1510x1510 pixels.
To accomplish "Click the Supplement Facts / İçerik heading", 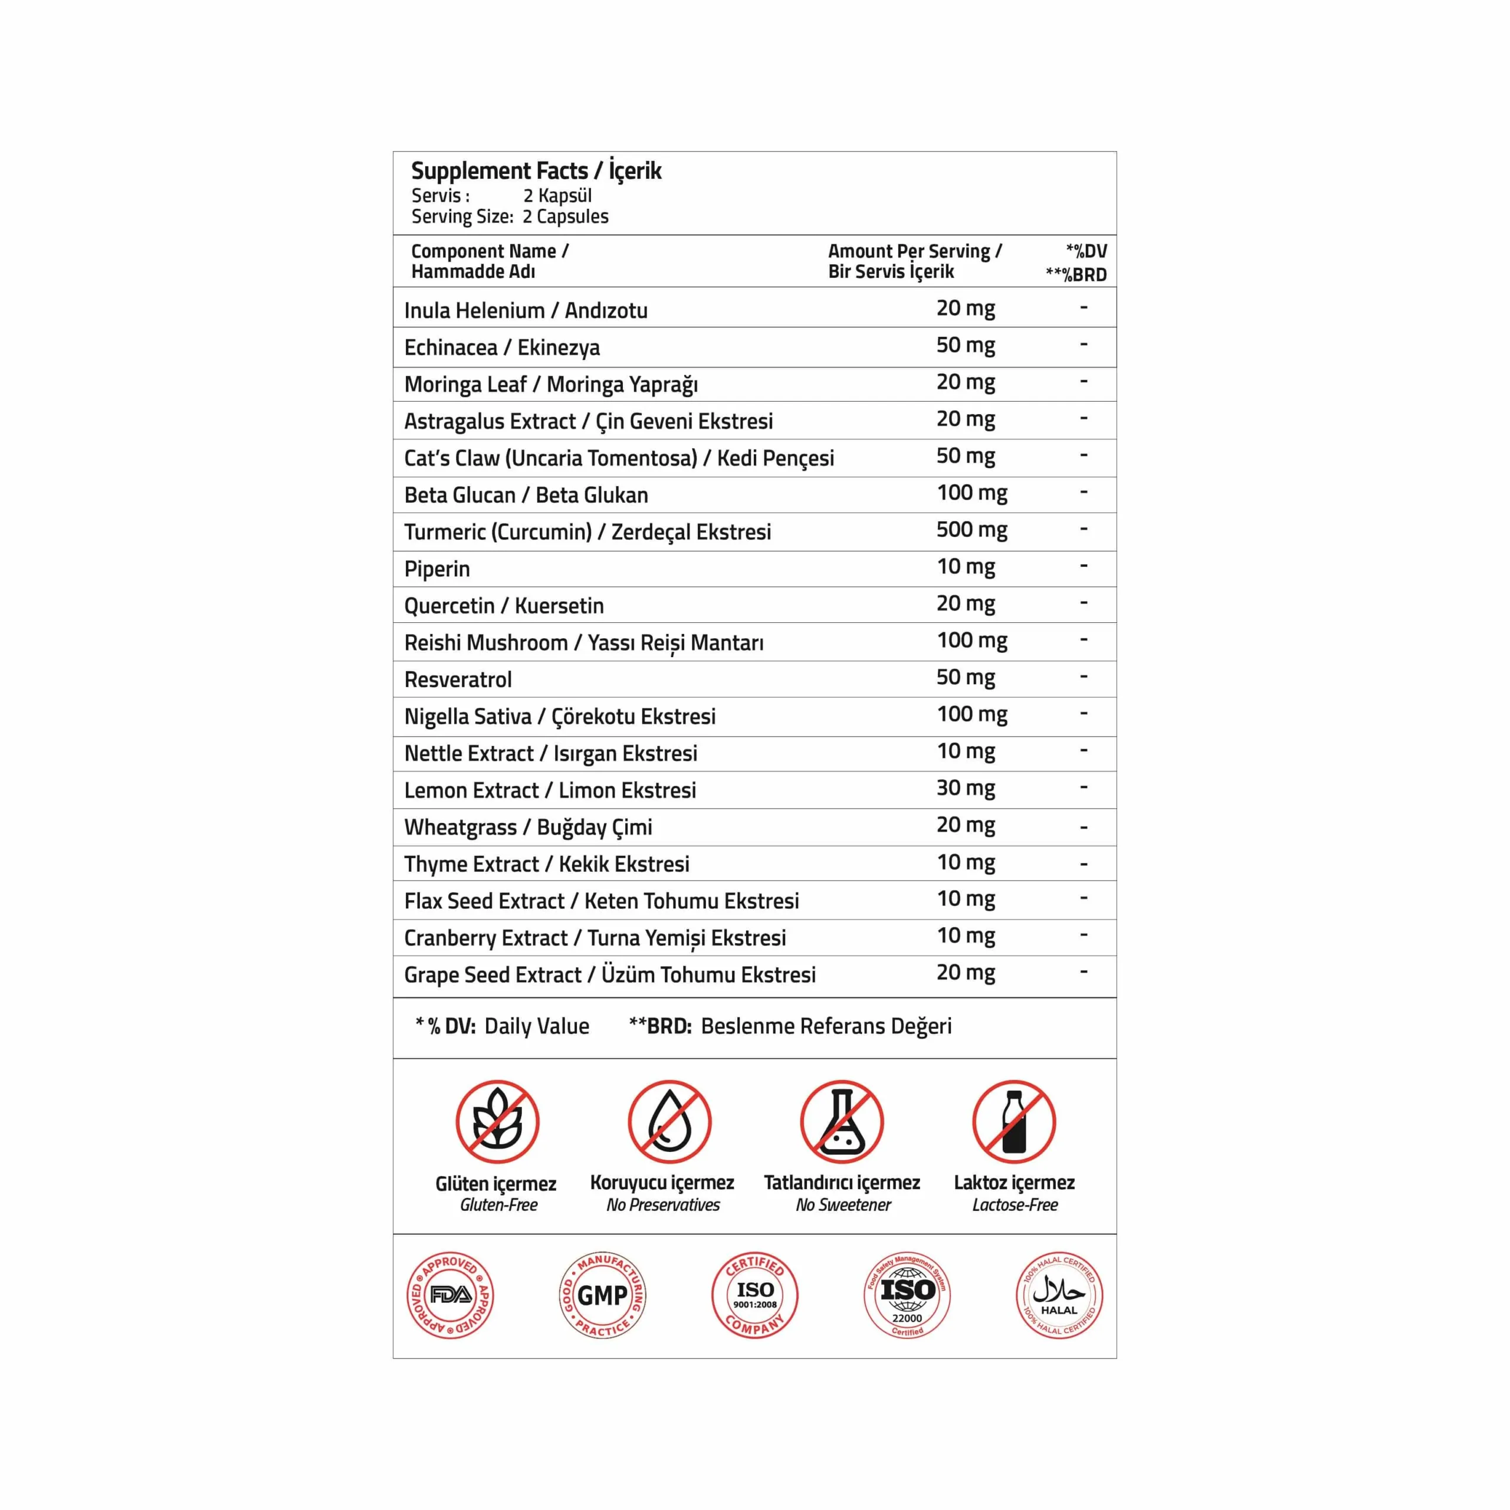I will tap(536, 170).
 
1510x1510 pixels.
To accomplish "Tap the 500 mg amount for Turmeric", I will tap(971, 530).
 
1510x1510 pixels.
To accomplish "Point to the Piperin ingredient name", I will tap(437, 569).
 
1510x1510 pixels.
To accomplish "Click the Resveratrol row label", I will tap(458, 679).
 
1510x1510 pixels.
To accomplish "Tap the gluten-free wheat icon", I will tap(498, 1121).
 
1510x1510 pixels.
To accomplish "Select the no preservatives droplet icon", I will tap(670, 1121).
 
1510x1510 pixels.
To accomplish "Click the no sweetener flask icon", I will tap(842, 1121).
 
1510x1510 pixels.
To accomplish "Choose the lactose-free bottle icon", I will tap(1014, 1121).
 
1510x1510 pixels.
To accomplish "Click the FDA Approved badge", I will tap(450, 1295).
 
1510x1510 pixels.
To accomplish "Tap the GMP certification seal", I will tap(603, 1295).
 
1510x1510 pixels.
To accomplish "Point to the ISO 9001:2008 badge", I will tap(755, 1295).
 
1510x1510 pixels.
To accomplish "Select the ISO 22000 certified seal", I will tap(907, 1295).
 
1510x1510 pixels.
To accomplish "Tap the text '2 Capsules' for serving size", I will tap(565, 216).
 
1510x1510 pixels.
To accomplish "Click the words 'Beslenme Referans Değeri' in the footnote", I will tap(826, 1026).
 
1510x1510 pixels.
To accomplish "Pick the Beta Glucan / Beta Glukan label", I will tap(526, 495).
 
